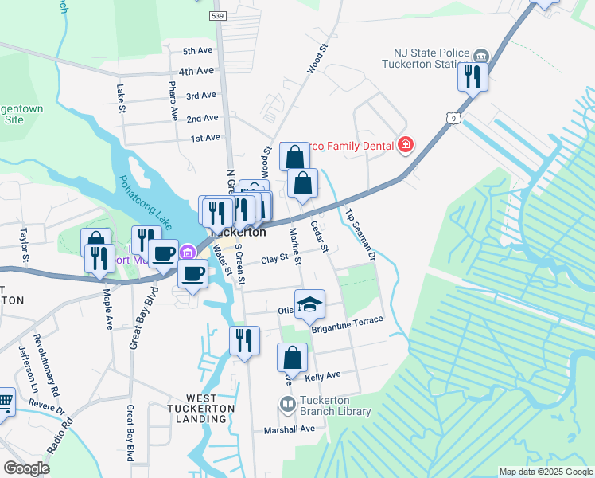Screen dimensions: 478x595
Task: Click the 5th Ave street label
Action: coord(198,51)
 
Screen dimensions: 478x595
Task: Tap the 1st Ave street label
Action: coord(205,138)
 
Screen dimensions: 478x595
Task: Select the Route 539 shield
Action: coord(217,15)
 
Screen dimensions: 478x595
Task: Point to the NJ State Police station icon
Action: coord(481,56)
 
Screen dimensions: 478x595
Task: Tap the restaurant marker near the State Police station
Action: coord(472,76)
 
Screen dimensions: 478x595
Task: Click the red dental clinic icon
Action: coord(406,144)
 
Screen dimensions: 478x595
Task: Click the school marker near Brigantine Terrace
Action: coord(309,304)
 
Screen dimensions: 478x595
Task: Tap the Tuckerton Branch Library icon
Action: coord(287,405)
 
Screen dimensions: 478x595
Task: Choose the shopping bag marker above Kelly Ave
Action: coord(292,358)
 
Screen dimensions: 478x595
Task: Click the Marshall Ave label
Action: coord(290,429)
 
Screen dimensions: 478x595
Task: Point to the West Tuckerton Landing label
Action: coord(210,402)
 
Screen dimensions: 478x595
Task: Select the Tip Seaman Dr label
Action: coord(360,235)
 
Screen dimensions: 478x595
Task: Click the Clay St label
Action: coord(274,259)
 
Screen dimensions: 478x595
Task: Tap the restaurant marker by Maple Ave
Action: coord(99,258)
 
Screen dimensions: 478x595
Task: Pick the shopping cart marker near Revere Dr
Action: coord(4,402)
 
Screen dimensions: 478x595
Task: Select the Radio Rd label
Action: coord(55,435)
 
